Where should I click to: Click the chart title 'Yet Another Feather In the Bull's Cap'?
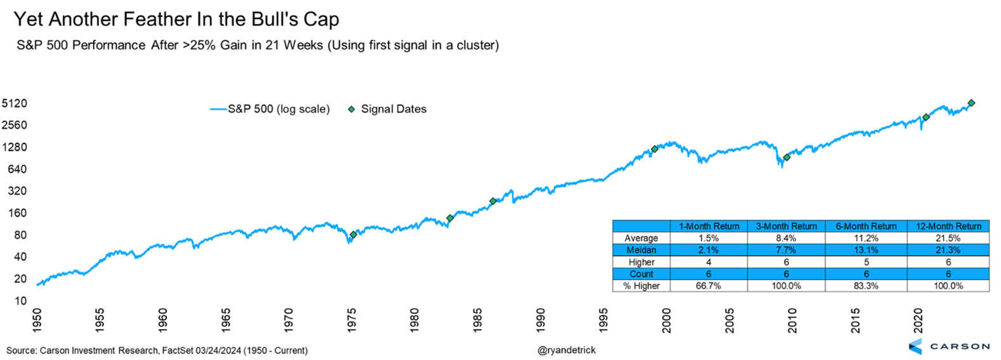click(x=176, y=19)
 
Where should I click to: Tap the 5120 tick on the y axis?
click(x=15, y=103)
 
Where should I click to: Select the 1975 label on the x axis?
click(x=352, y=320)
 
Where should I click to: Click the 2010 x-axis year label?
click(x=793, y=320)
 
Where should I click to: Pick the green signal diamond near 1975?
click(x=354, y=235)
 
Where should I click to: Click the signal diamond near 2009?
click(x=786, y=157)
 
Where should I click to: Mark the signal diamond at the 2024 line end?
click(x=971, y=103)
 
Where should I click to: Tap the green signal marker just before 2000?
click(x=655, y=149)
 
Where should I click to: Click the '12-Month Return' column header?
click(x=948, y=226)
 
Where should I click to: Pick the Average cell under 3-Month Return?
click(x=786, y=238)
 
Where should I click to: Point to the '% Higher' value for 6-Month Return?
click(x=866, y=286)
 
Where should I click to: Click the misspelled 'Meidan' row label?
click(x=641, y=250)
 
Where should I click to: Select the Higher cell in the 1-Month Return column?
click(x=708, y=262)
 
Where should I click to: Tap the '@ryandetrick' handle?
click(x=567, y=350)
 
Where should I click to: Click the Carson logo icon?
click(x=915, y=346)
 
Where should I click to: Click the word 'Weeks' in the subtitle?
click(x=304, y=45)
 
